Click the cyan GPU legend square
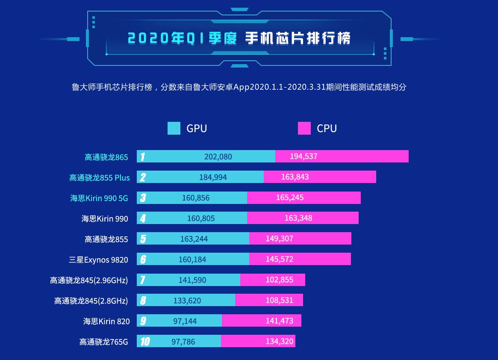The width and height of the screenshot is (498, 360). (x=174, y=128)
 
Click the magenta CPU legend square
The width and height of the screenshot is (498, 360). (x=304, y=128)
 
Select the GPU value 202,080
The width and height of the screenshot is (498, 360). (x=218, y=156)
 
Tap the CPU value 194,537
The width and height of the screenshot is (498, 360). (x=304, y=156)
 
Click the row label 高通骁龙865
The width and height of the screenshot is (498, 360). (x=106, y=157)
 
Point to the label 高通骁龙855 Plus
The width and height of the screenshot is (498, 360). (x=99, y=177)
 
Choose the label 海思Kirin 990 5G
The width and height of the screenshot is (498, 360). (x=99, y=198)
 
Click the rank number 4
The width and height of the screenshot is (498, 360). (x=143, y=218)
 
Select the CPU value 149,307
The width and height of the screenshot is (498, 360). (x=280, y=239)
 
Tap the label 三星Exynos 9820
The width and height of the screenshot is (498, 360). (x=98, y=260)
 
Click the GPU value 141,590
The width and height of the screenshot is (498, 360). (x=192, y=280)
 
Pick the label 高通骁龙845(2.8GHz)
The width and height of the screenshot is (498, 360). (x=91, y=301)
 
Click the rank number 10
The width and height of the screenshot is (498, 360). (x=144, y=341)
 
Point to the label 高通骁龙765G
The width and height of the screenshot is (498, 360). (x=103, y=342)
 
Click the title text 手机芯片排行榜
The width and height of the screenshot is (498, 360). (x=298, y=38)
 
